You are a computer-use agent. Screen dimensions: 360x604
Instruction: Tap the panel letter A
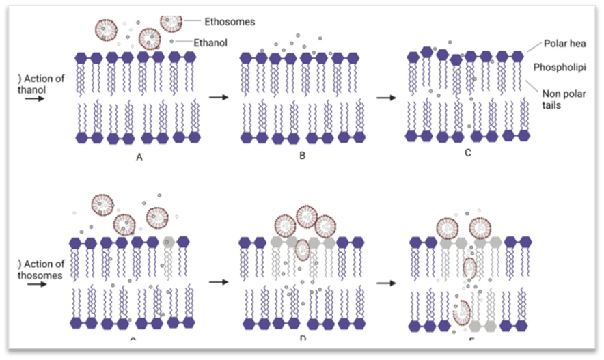pyautogui.click(x=139, y=157)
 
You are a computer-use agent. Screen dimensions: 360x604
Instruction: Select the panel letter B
pyautogui.click(x=301, y=157)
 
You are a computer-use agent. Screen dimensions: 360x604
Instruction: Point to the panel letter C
pyautogui.click(x=468, y=152)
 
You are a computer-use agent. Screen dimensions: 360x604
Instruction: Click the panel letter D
pyautogui.click(x=302, y=338)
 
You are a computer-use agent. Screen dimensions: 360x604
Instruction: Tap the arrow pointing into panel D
pyautogui.click(x=218, y=281)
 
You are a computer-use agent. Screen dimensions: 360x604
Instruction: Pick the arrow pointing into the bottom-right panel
pyautogui.click(x=386, y=281)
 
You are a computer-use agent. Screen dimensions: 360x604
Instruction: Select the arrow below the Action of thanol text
pyautogui.click(x=31, y=99)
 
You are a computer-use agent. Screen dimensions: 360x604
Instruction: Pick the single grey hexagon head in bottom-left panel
pyautogui.click(x=169, y=242)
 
